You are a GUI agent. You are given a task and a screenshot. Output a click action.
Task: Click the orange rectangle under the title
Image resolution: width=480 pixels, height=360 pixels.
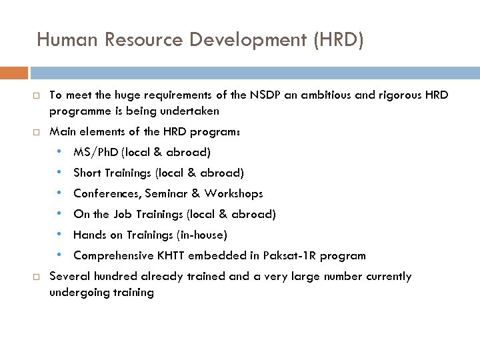[14, 73]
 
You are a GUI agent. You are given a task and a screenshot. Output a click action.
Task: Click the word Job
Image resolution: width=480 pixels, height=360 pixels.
[121, 215]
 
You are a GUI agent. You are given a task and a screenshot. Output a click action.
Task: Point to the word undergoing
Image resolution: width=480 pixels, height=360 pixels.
[78, 293]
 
